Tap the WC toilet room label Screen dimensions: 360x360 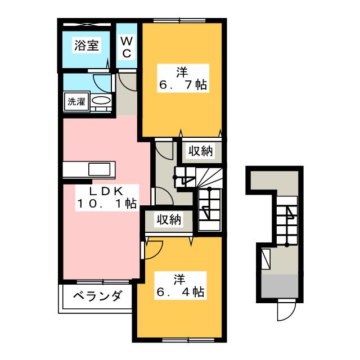(127, 47)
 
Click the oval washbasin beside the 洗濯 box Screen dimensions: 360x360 (101, 102)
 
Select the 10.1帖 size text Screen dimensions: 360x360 (106, 205)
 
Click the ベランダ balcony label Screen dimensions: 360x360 (97, 296)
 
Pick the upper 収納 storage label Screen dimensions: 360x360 (200, 151)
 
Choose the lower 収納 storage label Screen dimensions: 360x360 (169, 219)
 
